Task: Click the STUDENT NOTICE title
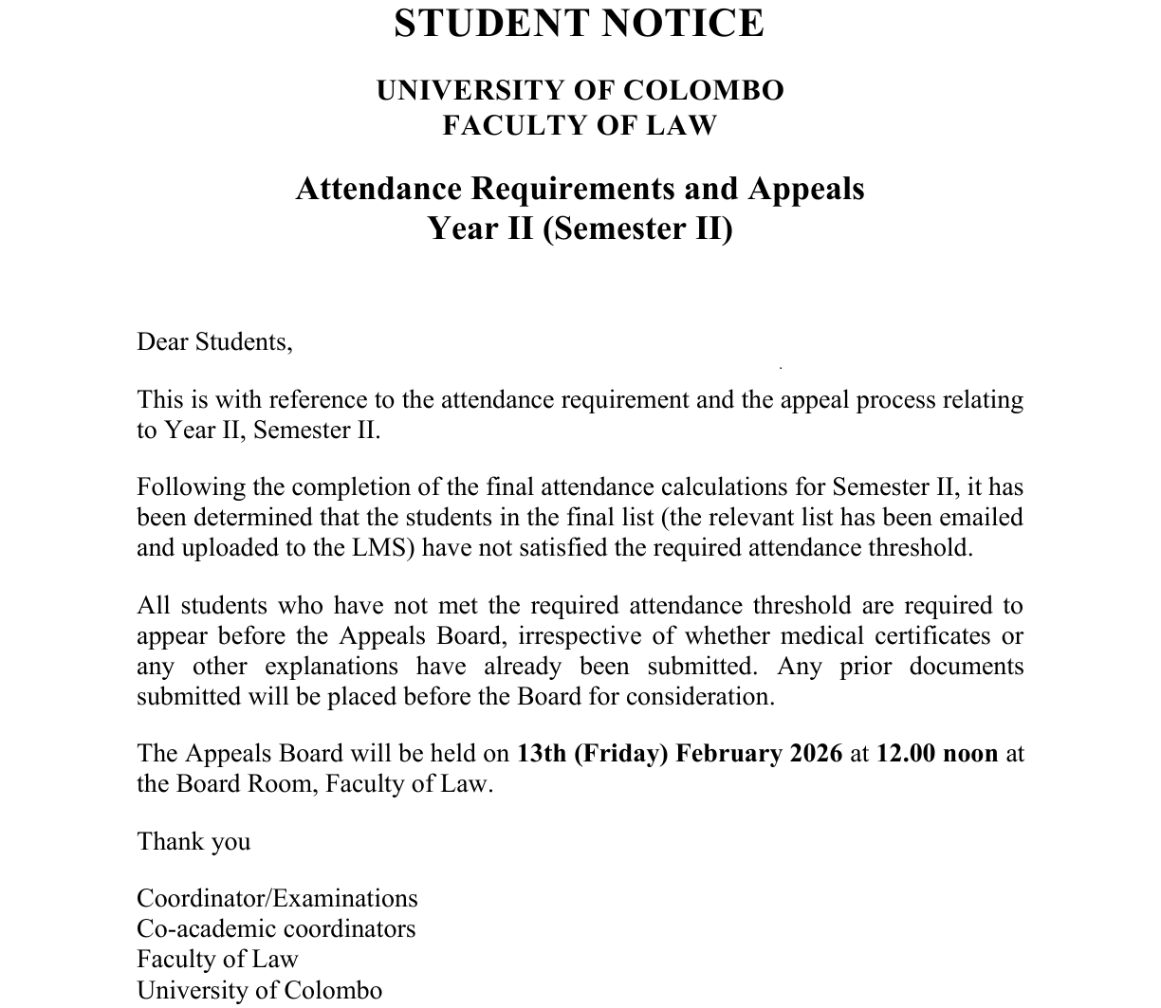point(579,24)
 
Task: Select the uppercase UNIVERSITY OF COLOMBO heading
point(580,91)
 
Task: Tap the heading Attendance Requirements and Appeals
point(580,189)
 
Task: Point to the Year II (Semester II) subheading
point(580,229)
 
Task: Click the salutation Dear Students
point(214,341)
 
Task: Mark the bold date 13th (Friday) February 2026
point(679,754)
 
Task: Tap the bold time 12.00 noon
point(937,754)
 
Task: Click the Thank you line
point(193,842)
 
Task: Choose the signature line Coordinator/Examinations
point(277,899)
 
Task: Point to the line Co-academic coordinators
point(276,929)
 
